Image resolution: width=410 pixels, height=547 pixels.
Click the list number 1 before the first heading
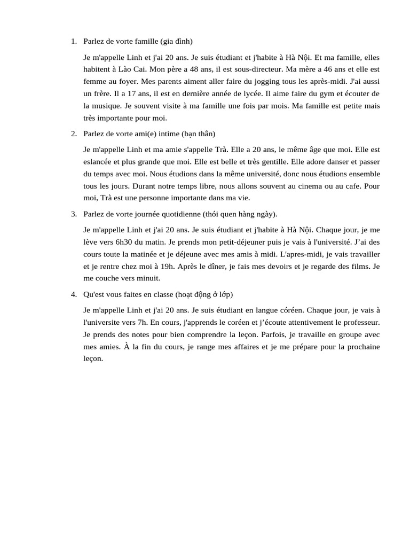pyautogui.click(x=73, y=42)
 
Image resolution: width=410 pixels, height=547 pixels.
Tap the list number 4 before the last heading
pyautogui.click(x=73, y=295)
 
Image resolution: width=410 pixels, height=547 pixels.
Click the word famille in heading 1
pyautogui.click(x=141, y=42)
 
